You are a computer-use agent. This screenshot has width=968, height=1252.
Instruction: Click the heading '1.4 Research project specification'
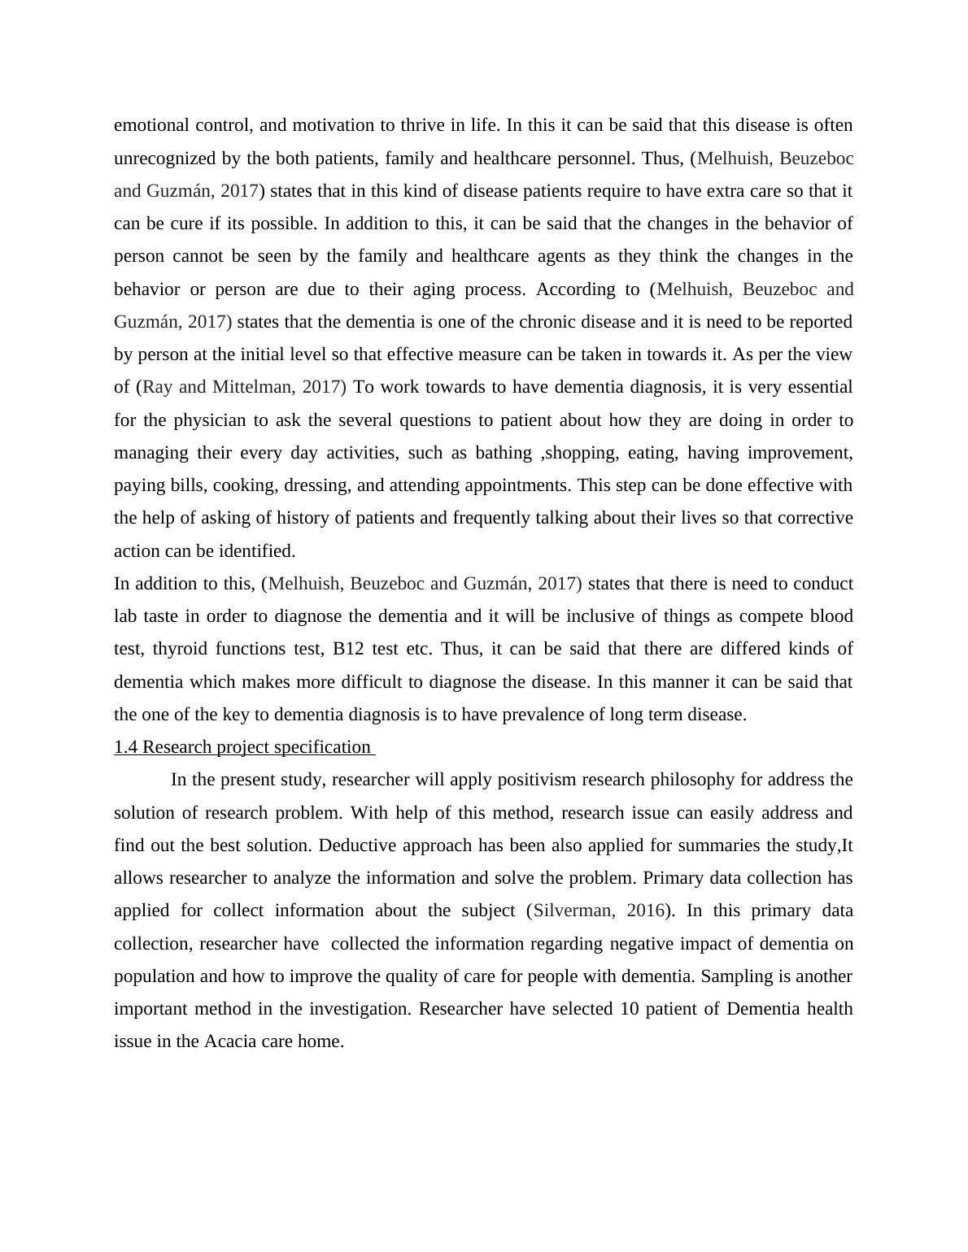coord(242,747)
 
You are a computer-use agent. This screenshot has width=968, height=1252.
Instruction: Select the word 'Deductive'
coord(353,846)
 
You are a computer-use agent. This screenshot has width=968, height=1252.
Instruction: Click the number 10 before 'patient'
coord(629,1009)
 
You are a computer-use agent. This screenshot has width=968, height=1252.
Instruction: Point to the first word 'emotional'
coord(150,125)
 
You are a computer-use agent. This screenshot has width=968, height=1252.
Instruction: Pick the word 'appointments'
coord(517,485)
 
